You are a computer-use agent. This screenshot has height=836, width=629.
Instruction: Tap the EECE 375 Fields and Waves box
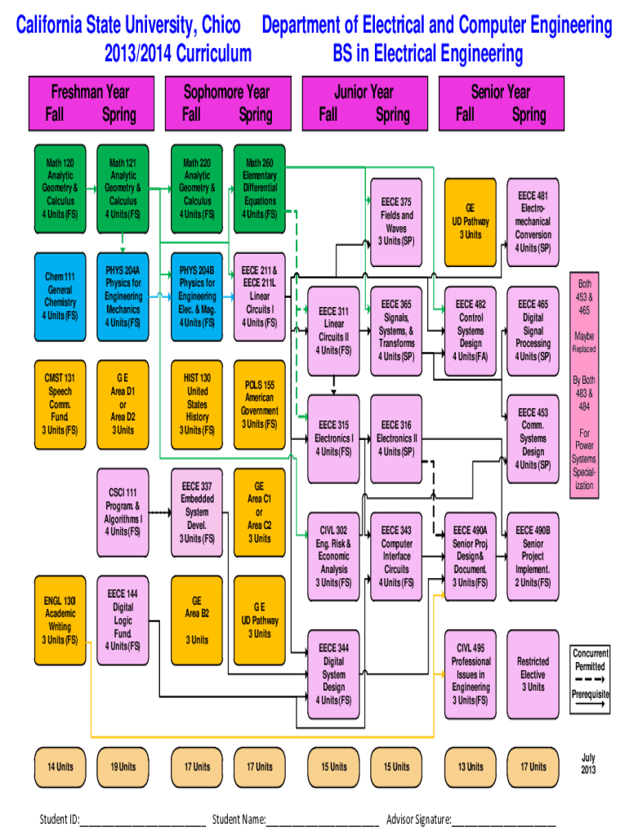pos(396,221)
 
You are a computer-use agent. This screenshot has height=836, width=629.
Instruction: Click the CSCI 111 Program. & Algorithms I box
pos(123,512)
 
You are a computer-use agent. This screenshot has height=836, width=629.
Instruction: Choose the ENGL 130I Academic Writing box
pos(60,620)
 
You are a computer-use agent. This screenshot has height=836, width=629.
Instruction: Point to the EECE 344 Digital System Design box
pos(333,674)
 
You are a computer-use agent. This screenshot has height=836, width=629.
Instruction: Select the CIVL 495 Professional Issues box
pos(471,674)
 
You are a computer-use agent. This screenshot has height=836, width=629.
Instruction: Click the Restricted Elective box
pos(533,674)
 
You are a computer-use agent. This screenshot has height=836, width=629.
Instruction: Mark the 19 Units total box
pos(123,767)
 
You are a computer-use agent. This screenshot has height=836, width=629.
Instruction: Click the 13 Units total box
pos(471,767)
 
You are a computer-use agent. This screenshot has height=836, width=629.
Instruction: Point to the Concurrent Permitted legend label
pos(590,660)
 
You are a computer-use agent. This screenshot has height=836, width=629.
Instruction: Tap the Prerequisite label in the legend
pos(590,694)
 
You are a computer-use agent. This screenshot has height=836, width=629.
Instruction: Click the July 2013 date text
pos(588,764)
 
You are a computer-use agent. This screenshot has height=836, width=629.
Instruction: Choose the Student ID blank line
pos(142,819)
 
